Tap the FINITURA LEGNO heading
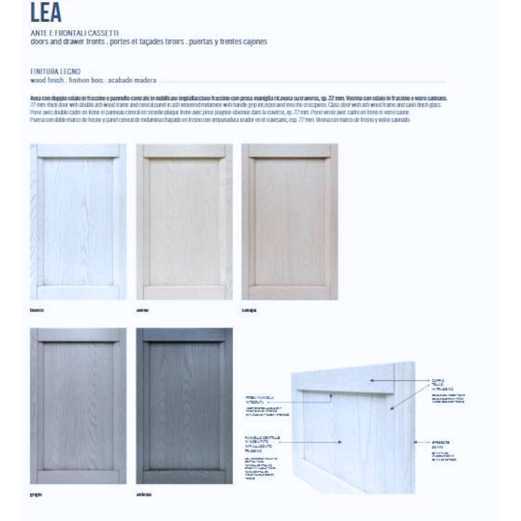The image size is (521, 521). coord(55,72)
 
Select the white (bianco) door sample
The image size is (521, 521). coord(78,221)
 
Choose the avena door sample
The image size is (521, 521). coord(184,221)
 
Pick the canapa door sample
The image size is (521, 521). coord(289,221)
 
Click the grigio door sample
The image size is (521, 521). coord(78,406)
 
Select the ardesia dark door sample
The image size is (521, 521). coord(184,406)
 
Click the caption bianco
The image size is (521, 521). coord(37,310)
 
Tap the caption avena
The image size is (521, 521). coord(143,310)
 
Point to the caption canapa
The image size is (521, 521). coord(249,310)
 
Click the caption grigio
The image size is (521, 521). coord(36,494)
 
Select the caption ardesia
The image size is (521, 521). coord(144,494)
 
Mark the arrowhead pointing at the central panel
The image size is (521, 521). coord(341,442)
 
